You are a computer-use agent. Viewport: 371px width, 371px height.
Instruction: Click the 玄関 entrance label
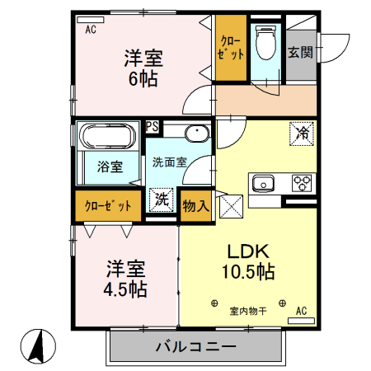(299, 52)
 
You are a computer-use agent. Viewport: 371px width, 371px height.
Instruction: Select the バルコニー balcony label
(196, 347)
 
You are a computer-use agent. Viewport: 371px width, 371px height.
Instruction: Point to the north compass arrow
(36, 344)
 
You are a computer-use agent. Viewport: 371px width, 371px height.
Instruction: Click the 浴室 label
(110, 167)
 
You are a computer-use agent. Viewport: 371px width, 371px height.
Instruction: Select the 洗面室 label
(168, 162)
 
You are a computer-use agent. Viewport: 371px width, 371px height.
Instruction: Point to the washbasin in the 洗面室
(196, 134)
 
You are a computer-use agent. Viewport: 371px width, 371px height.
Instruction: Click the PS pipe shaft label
(153, 126)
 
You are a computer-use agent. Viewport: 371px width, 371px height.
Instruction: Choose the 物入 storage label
(196, 204)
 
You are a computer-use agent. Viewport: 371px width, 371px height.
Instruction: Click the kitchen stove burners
(302, 183)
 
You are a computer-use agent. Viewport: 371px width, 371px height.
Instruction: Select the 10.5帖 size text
(247, 271)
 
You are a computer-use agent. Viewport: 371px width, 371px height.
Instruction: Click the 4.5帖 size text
(126, 289)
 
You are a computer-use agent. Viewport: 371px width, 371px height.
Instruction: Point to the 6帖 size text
(143, 80)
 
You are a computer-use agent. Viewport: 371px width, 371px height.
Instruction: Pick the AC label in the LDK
(301, 311)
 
